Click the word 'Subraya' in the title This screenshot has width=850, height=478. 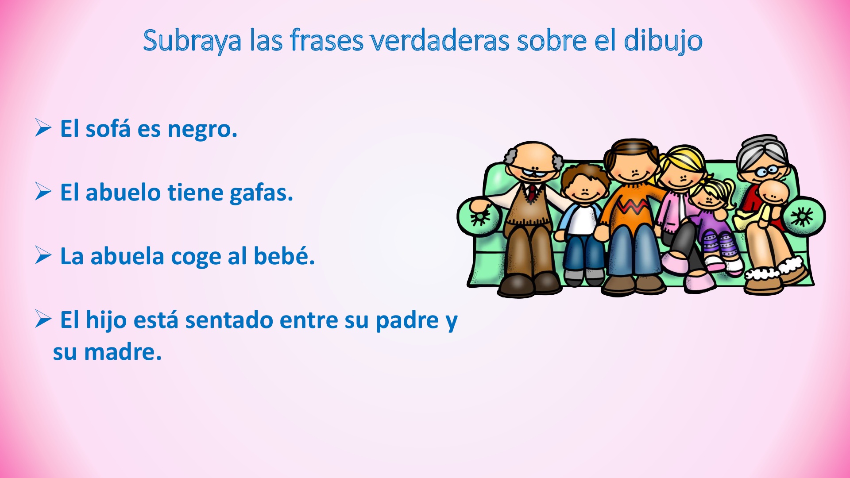192,41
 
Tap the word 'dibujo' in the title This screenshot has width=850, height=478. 663,41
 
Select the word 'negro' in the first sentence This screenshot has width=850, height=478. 202,130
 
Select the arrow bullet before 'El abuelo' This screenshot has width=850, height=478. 43,192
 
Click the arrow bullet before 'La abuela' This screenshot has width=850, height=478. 43,255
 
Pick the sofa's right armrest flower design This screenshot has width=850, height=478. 802,217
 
